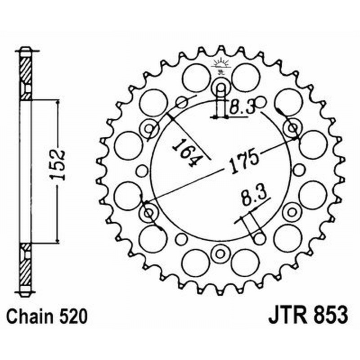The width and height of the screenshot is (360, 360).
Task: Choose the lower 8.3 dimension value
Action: pyautogui.click(x=255, y=197)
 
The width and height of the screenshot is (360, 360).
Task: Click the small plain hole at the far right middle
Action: pyautogui.click(x=298, y=170)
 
